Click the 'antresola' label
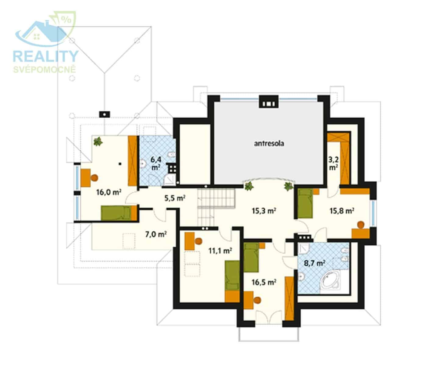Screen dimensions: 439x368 (269, 143)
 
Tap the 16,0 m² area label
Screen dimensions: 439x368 (109, 192)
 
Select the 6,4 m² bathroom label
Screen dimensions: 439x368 (156, 163)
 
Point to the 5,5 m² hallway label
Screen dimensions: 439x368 (175, 198)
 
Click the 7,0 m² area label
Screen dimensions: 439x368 (156, 234)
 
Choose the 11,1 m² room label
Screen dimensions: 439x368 (220, 251)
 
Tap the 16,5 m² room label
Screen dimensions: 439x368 (264, 282)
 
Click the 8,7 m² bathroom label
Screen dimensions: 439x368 (315, 263)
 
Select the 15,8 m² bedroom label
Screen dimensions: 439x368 (342, 211)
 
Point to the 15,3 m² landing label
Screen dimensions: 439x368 (264, 211)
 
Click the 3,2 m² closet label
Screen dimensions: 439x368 (334, 164)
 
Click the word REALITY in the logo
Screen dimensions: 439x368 (46, 56)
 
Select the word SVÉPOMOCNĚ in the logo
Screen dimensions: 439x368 (45, 70)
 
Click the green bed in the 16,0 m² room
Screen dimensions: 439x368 (116, 213)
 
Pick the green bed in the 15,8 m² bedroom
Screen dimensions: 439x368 (305, 203)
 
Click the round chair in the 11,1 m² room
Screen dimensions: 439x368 (198, 241)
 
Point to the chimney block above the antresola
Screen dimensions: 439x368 (269, 102)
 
